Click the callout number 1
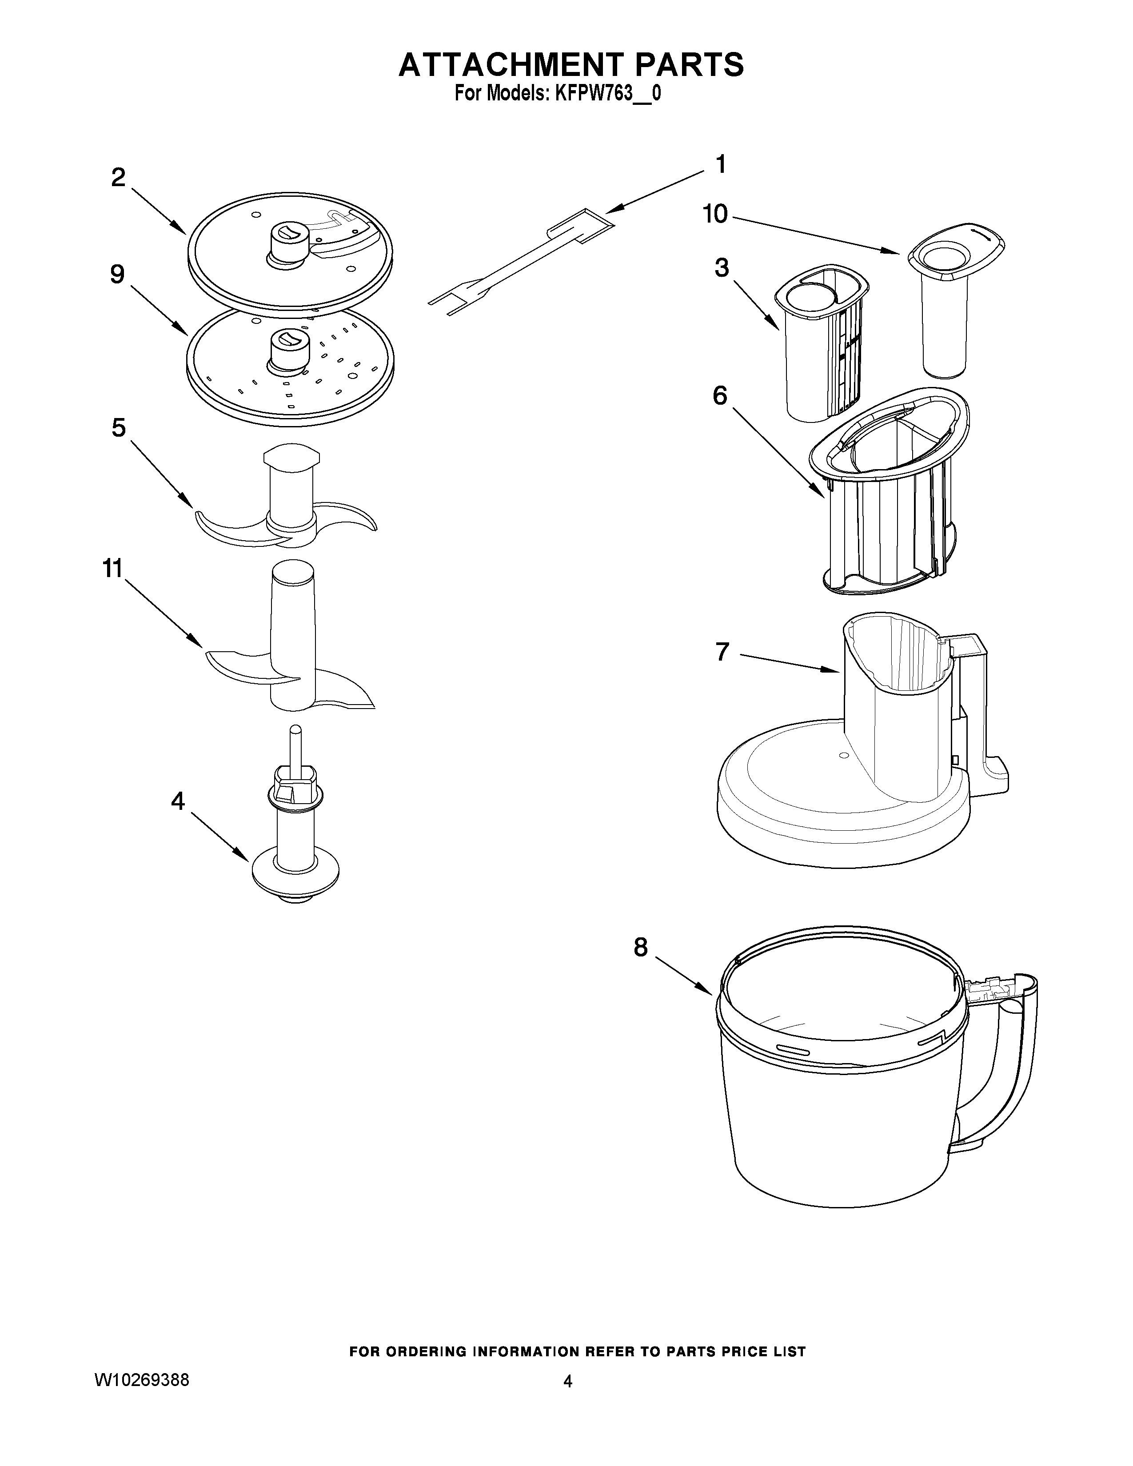pyautogui.click(x=720, y=164)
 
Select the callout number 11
pyautogui.click(x=112, y=569)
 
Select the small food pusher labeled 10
pyautogui.click(x=946, y=309)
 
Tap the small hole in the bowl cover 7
pyautogui.click(x=840, y=755)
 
